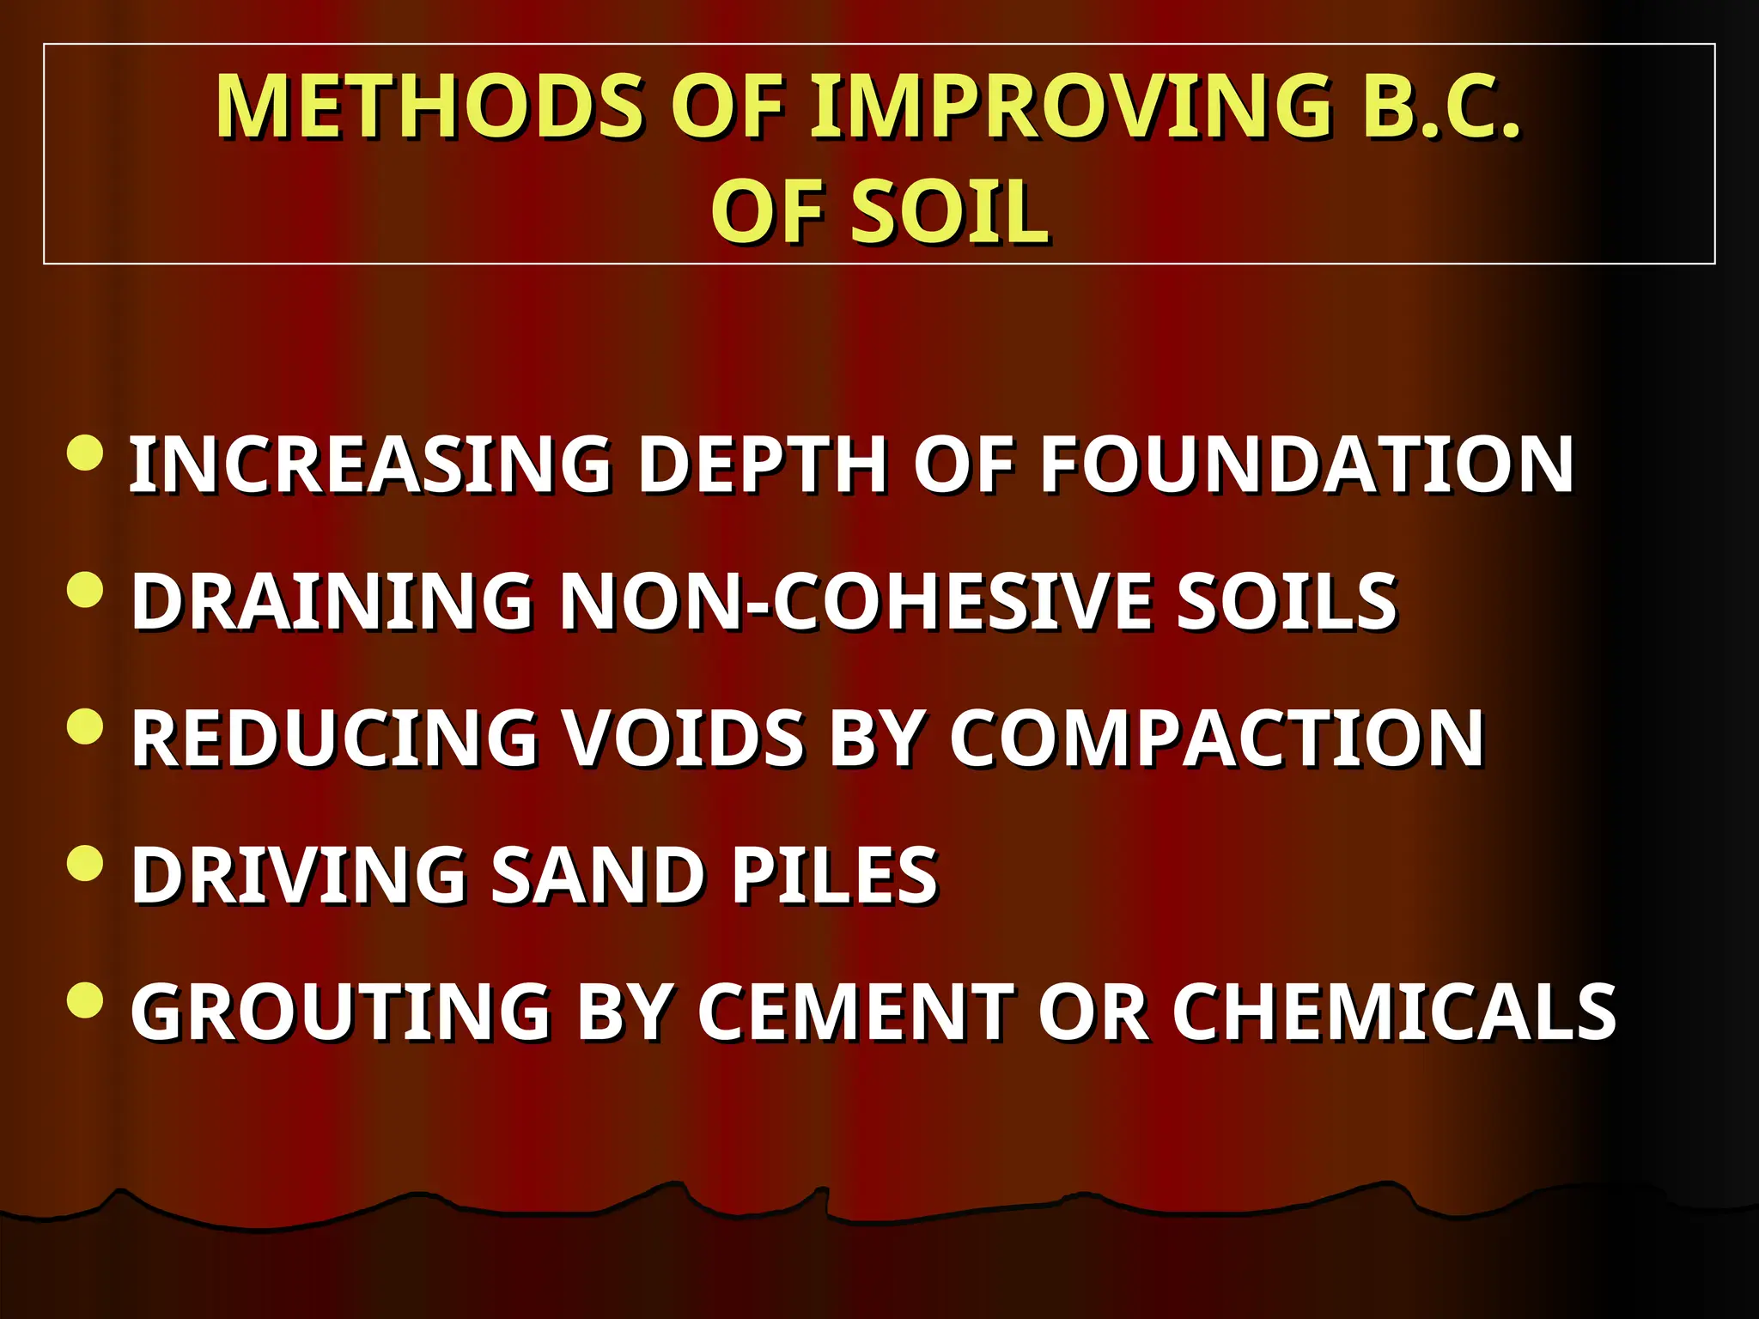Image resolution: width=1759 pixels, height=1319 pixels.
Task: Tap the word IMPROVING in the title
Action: point(1070,106)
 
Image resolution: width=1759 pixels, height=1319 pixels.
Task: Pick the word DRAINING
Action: point(332,601)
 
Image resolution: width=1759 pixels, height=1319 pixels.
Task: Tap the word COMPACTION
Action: point(1216,739)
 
